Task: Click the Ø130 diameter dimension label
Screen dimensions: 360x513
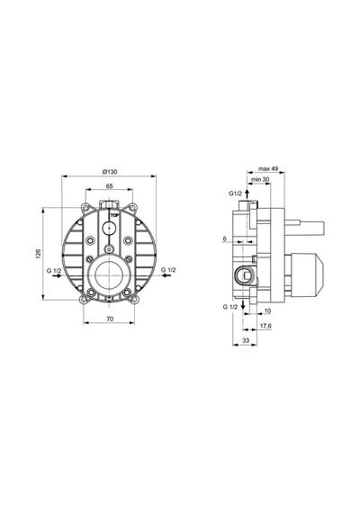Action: coord(110,171)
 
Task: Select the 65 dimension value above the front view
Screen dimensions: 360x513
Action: coord(109,185)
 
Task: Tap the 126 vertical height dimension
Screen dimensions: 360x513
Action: coord(38,254)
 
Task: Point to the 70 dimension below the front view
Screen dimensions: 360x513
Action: coord(110,319)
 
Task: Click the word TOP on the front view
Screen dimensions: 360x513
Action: coord(114,215)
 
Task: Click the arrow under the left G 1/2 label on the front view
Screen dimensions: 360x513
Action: coord(57,275)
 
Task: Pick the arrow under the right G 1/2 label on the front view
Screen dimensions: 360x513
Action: coord(166,275)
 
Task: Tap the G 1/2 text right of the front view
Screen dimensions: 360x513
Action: coord(168,270)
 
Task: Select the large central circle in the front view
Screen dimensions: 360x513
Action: coord(109,275)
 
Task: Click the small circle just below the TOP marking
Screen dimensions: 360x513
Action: coord(109,228)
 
